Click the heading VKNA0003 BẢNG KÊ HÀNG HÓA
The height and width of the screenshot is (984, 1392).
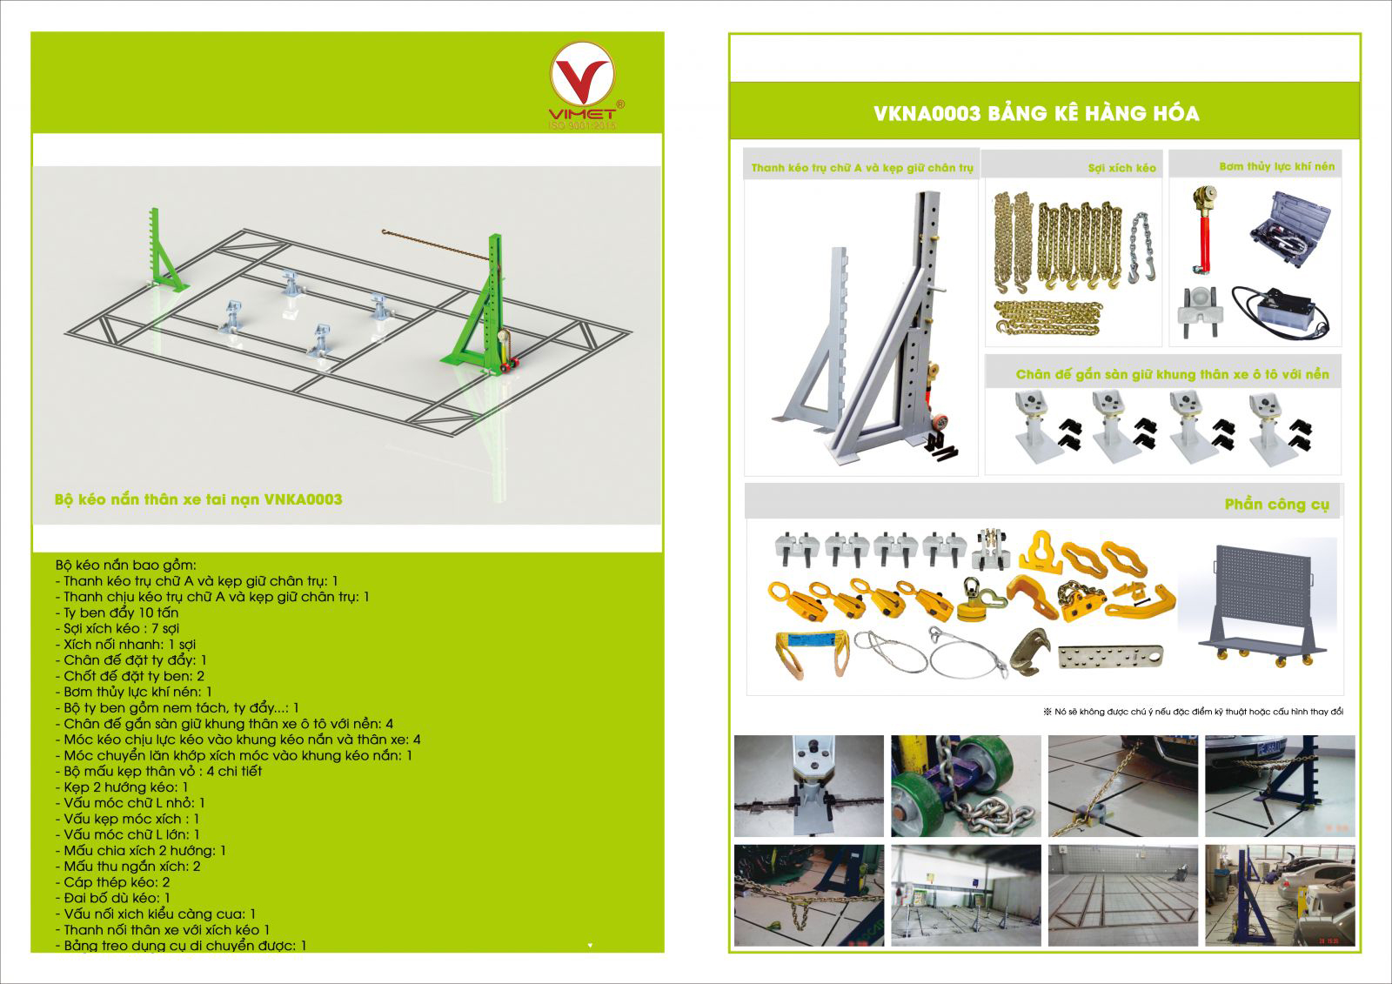tap(1036, 113)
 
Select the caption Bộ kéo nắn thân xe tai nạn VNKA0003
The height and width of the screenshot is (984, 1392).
tap(198, 499)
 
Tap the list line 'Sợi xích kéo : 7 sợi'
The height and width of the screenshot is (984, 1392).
tap(122, 628)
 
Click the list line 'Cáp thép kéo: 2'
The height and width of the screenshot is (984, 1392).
tap(117, 882)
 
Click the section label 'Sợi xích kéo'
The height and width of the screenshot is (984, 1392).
tap(1121, 168)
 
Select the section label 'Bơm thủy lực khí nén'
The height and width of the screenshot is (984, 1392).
tap(1276, 166)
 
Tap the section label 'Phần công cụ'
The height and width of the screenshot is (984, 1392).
tap(1276, 505)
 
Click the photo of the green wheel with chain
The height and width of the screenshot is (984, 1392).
tap(966, 786)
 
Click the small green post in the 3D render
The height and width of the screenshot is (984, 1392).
tap(164, 252)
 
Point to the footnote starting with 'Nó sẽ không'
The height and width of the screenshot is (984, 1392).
tap(1193, 712)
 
